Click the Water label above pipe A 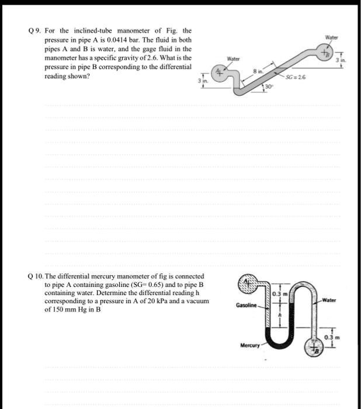click(233, 59)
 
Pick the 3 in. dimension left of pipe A click(202, 82)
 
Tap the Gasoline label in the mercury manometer click(244, 304)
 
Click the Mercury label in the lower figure click(249, 344)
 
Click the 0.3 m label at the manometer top click(278, 292)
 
